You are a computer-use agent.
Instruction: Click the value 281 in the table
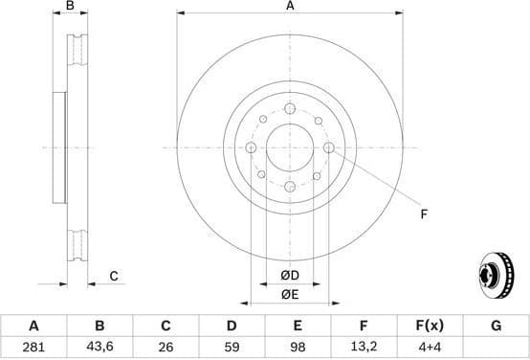(34, 346)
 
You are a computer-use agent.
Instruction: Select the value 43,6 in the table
(99, 346)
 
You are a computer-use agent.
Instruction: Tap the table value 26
(165, 346)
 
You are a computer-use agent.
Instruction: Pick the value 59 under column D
(231, 346)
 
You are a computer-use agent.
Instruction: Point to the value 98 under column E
(297, 346)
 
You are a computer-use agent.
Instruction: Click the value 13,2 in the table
(364, 346)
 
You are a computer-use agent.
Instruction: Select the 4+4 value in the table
(430, 346)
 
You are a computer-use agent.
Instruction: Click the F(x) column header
(430, 326)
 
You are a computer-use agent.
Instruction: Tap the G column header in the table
(496, 326)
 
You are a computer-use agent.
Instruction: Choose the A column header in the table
(34, 326)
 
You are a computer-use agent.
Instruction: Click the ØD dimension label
(290, 277)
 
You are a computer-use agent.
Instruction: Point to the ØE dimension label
(290, 294)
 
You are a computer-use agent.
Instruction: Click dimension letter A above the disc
(290, 7)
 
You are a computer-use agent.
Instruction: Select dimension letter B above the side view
(69, 7)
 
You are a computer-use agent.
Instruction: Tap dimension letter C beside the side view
(113, 277)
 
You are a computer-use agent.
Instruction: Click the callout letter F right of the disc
(424, 214)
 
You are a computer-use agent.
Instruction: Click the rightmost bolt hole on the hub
(329, 147)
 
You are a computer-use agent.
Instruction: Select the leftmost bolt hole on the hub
(251, 147)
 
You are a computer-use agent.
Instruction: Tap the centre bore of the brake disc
(290, 147)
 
